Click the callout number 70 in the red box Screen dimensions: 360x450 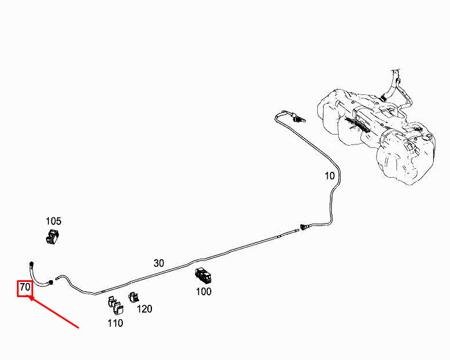pos(24,288)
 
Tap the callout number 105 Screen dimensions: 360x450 pos(54,221)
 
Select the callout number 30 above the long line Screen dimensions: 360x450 pos(159,263)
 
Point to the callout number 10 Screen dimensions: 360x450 pos(329,175)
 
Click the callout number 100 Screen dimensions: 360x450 pos(203,291)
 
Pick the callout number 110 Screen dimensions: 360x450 pos(115,323)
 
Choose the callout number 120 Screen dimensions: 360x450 pos(144,309)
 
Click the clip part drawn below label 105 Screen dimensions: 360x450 pos(53,237)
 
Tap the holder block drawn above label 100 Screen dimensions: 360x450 pos(203,275)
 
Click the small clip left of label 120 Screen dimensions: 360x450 pos(133,297)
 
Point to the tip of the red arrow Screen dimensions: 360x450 pos(29,298)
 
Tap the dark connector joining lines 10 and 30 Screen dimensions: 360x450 pos(303,227)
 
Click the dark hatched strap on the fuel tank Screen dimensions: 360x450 pos(356,123)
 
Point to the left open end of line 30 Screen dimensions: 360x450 pos(57,278)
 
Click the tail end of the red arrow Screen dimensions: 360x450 pos(78,327)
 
